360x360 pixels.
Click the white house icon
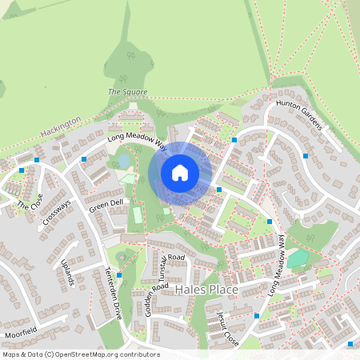pyautogui.click(x=180, y=172)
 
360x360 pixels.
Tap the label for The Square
pyautogui.click(x=128, y=92)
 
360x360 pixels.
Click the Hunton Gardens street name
pyautogui.click(x=298, y=115)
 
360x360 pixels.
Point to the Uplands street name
pyautogui.click(x=67, y=272)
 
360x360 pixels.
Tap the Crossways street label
pyautogui.click(x=57, y=211)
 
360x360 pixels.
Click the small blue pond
pyautogui.click(x=124, y=161)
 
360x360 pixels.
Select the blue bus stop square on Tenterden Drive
pyautogui.click(x=119, y=276)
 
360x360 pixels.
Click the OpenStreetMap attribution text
pyautogui.click(x=81, y=354)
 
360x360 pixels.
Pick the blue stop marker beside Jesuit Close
pyautogui.click(x=255, y=316)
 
